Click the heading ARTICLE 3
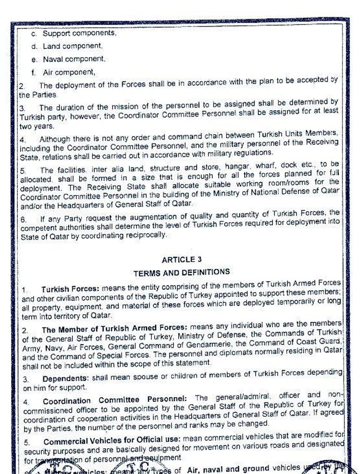(178, 259)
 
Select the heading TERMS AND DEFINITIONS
(181, 272)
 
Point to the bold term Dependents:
(65, 378)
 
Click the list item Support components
(79, 34)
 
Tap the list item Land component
(72, 46)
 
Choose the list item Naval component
(74, 60)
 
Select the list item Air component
(69, 73)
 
